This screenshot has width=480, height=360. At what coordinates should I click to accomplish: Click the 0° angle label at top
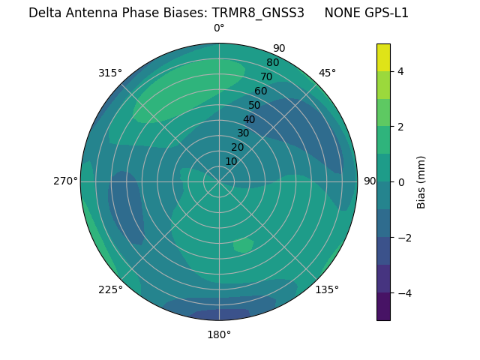coord(219,28)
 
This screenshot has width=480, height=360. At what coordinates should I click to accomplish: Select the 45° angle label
coord(327,73)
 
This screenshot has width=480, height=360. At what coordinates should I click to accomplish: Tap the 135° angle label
coord(327,289)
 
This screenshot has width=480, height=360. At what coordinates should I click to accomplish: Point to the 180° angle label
coord(219,334)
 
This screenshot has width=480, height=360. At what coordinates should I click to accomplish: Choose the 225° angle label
coord(110,289)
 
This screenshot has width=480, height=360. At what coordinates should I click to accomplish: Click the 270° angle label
coord(66,181)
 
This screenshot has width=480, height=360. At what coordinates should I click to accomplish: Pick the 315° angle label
coord(110,73)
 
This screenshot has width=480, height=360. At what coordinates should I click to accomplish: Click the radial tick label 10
coord(231,161)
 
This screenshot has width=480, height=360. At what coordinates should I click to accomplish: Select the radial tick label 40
coord(249,119)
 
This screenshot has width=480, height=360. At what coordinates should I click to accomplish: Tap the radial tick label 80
coord(272,63)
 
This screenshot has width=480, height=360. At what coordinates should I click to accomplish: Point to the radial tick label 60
coord(260,91)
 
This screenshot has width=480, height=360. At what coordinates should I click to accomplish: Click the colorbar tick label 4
coord(400,71)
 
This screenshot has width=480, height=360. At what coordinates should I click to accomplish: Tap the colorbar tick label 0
coord(400,182)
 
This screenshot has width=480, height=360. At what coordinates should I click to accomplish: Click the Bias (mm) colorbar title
coord(421,181)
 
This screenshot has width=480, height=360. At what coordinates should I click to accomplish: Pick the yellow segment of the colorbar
coord(383,57)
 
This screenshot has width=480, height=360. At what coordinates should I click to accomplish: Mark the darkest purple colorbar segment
coord(383,306)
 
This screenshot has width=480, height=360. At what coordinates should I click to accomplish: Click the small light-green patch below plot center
coord(243,245)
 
